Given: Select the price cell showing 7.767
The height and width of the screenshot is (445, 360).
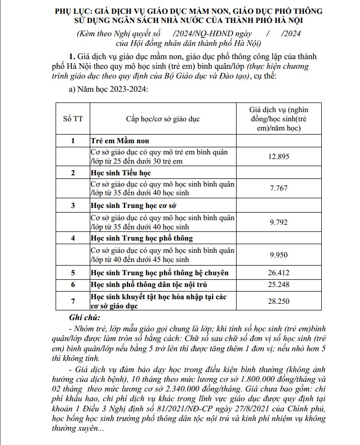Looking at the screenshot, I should pyautogui.click(x=278, y=189).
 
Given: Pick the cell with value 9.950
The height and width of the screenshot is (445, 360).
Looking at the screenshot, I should pyautogui.click(x=278, y=254).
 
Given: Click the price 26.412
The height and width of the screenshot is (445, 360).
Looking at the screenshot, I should pyautogui.click(x=278, y=273).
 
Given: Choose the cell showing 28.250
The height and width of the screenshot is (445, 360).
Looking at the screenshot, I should pyautogui.click(x=278, y=301).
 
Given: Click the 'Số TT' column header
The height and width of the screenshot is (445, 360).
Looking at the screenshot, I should pyautogui.click(x=72, y=119).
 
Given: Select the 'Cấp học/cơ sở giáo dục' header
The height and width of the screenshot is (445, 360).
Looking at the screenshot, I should pyautogui.click(x=163, y=119).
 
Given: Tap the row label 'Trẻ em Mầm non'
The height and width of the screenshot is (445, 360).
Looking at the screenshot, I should pyautogui.click(x=120, y=140).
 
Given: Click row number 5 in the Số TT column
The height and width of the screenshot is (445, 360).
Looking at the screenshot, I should pyautogui.click(x=72, y=273).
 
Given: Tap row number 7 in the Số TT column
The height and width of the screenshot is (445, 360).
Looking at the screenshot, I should pyautogui.click(x=72, y=301).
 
